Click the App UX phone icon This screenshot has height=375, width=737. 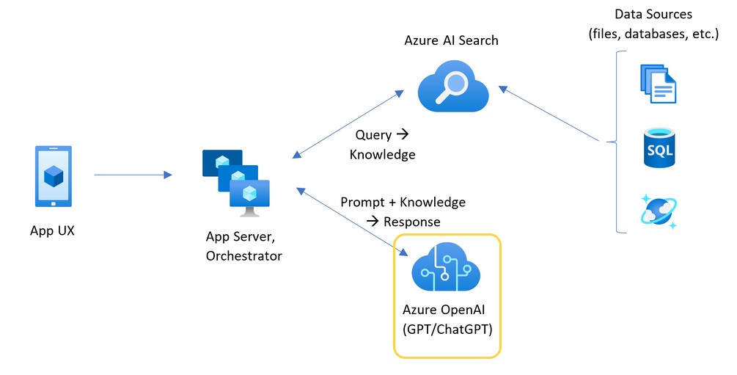tap(54, 176)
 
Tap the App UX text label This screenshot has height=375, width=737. tap(52, 230)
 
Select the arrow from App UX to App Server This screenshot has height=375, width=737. tap(132, 175)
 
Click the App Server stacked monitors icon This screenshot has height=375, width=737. tap(236, 183)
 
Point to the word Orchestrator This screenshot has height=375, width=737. tap(243, 256)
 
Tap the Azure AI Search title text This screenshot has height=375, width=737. tap(451, 40)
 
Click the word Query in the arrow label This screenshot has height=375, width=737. tap(373, 135)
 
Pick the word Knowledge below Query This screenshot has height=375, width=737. tap(382, 155)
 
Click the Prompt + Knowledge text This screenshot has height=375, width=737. tap(403, 202)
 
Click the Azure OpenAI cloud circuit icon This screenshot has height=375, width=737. tap(446, 269)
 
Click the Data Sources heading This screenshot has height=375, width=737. tap(653, 15)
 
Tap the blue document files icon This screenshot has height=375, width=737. tap(658, 83)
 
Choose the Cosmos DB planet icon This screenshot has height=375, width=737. tap(659, 211)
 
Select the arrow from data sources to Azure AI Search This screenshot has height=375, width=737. tap(550, 115)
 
